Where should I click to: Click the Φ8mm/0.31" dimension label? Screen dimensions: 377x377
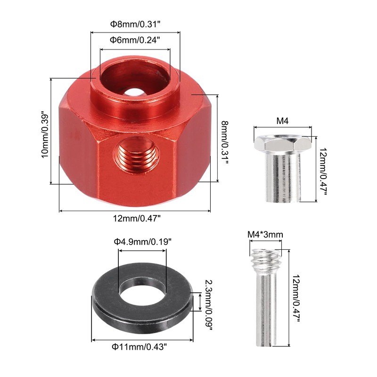(x=135, y=25)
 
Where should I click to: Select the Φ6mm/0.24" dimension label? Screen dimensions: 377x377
(x=135, y=40)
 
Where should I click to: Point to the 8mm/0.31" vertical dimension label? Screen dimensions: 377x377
(x=225, y=143)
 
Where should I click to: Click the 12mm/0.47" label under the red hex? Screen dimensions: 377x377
(x=137, y=219)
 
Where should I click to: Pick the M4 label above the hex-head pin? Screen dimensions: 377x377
(x=282, y=121)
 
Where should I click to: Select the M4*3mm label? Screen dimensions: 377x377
(x=265, y=234)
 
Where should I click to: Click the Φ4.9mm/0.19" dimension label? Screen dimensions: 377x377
(x=143, y=241)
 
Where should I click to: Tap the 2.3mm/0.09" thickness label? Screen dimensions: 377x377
(x=208, y=305)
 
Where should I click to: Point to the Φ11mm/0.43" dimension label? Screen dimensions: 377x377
(x=139, y=347)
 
